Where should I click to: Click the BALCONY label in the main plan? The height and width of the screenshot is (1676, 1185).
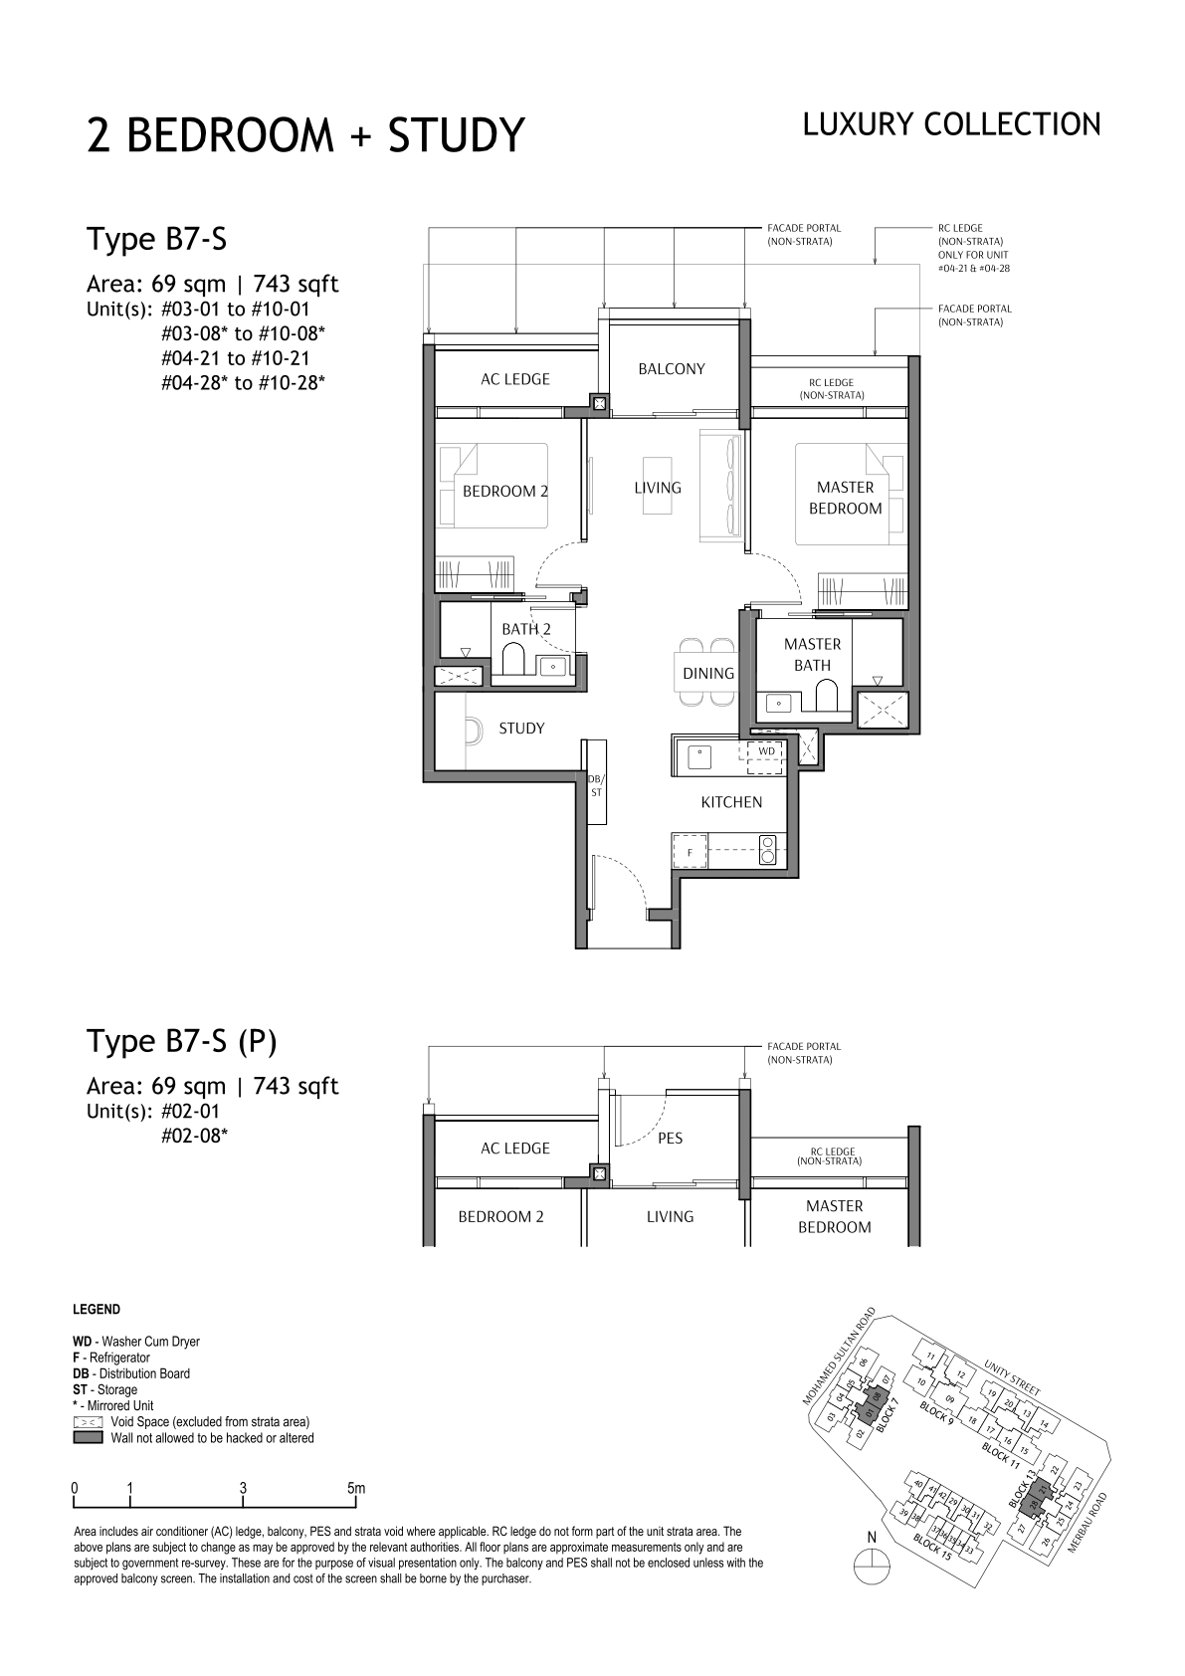point(671,369)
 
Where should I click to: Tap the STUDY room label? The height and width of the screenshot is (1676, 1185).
point(521,728)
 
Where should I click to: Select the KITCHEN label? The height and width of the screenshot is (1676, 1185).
point(731,802)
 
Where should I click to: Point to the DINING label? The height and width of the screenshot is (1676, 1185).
point(708,674)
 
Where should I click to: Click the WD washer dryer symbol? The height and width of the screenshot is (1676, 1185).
point(766,751)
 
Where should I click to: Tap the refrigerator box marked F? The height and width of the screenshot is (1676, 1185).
point(690,852)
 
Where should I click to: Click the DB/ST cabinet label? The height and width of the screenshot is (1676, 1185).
point(596,786)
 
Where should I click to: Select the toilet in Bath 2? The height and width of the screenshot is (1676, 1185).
point(514,660)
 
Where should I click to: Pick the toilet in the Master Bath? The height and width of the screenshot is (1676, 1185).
point(826,695)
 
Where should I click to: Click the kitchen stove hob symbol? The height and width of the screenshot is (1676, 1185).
point(767,851)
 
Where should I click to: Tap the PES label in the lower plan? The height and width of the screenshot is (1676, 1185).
point(670,1138)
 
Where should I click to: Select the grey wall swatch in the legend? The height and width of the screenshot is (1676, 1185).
point(88,1438)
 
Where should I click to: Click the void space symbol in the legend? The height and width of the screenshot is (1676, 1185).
point(88,1421)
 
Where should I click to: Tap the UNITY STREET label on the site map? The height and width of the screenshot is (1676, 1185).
point(1013,1376)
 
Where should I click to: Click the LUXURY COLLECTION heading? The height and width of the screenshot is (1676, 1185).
point(951,124)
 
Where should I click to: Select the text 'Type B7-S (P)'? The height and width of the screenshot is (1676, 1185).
point(182,1041)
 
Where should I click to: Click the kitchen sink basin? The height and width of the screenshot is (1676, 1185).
point(699,755)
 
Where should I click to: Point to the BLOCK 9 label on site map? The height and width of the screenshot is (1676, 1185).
point(936,1412)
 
